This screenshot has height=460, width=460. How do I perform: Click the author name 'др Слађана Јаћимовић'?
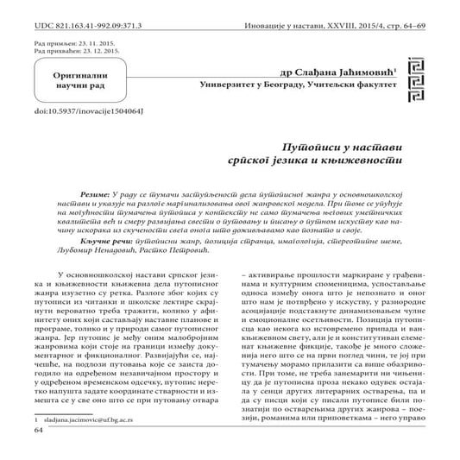tap(337, 73)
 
